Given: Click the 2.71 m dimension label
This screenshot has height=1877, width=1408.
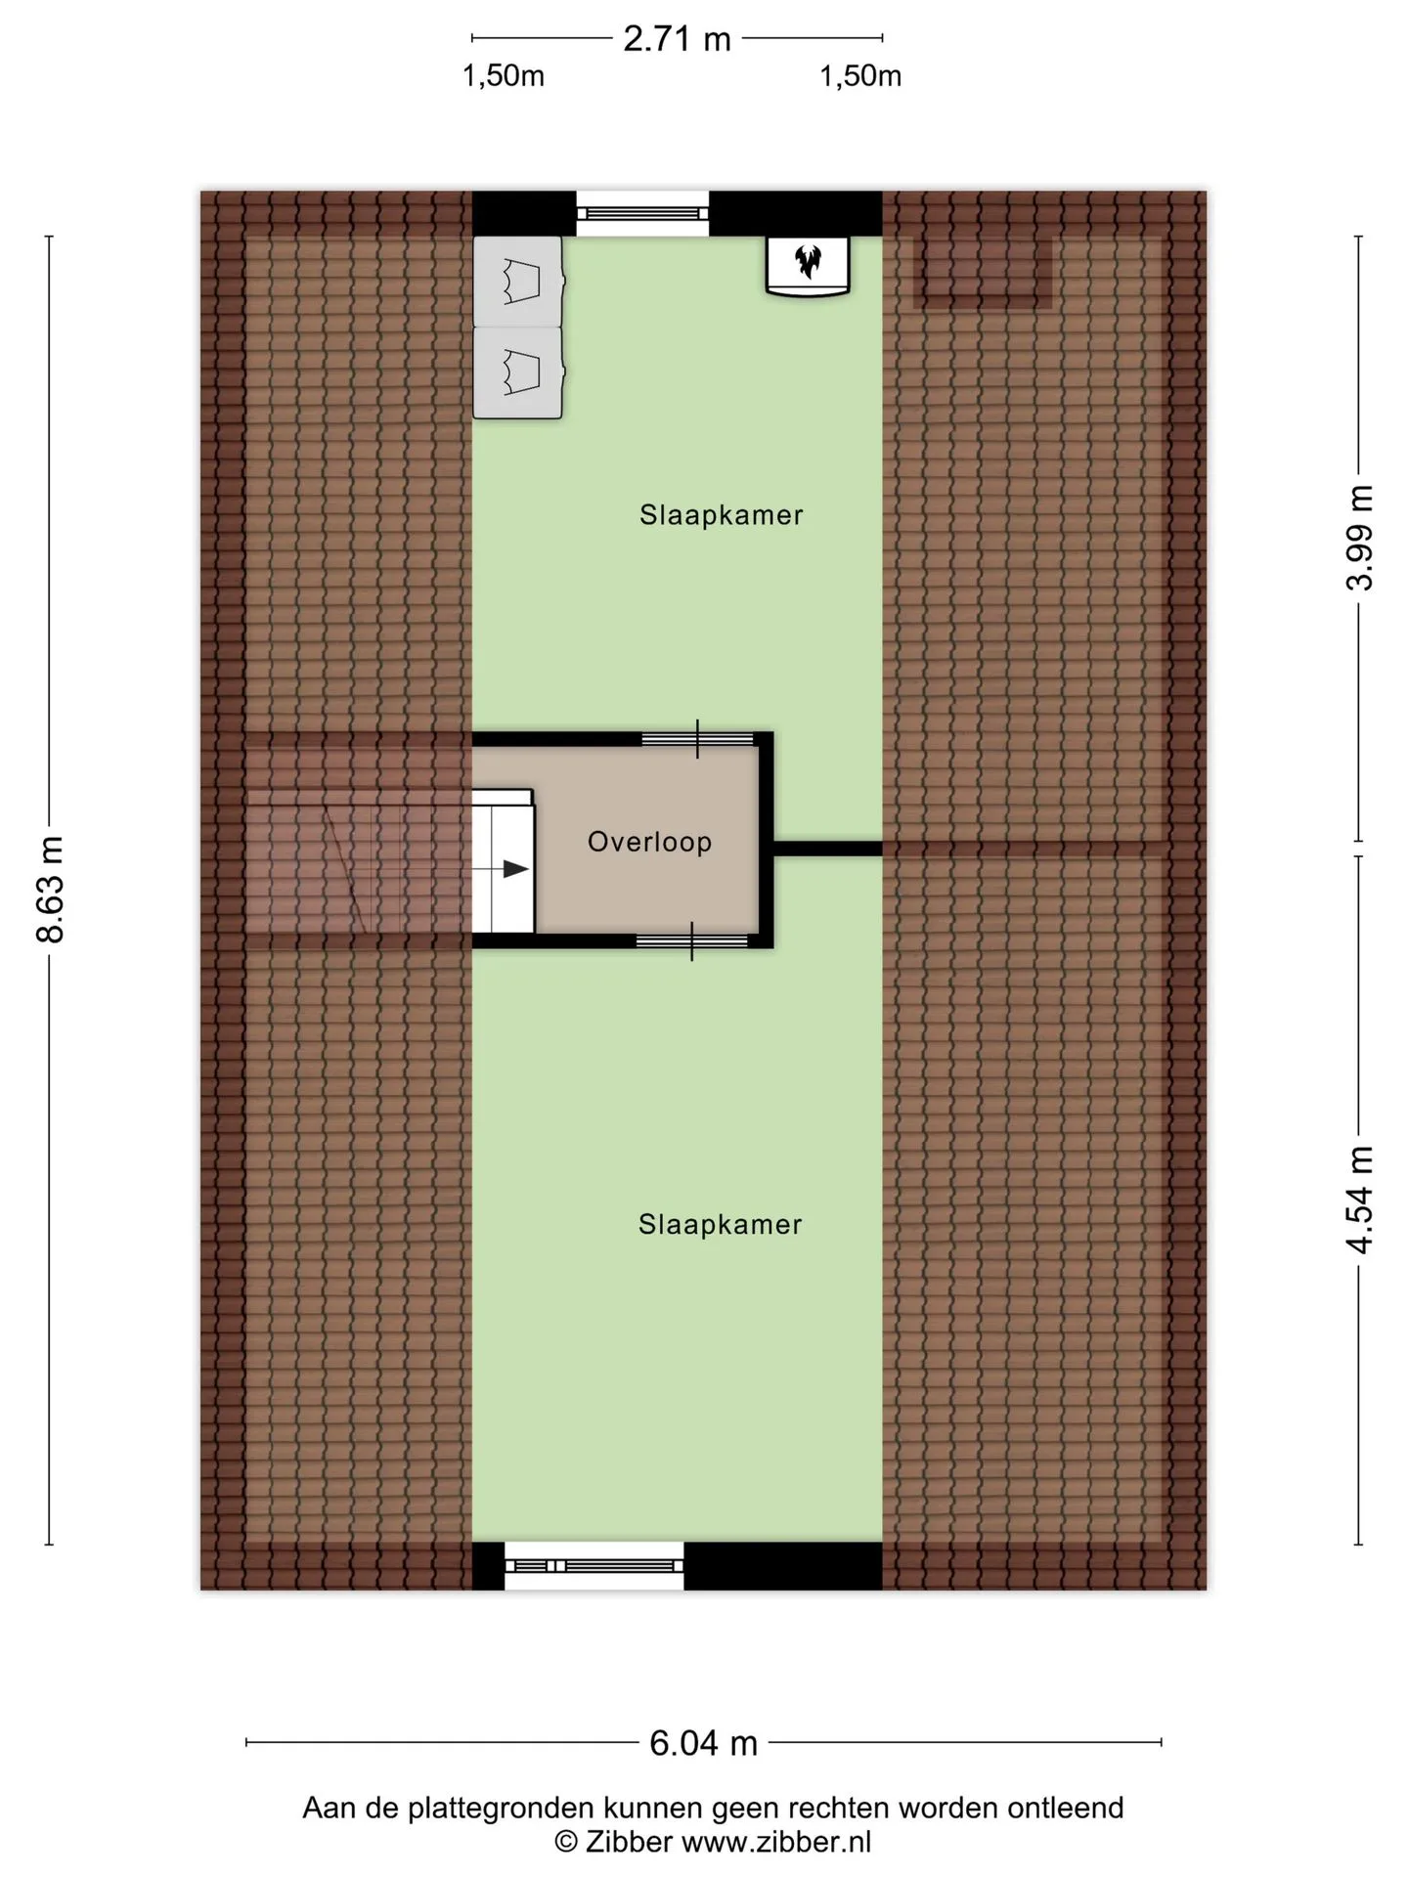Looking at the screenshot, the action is click(x=677, y=39).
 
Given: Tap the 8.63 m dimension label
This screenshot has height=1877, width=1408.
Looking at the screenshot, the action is click(x=50, y=890).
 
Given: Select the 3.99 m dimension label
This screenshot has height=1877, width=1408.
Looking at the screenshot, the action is click(x=1360, y=538).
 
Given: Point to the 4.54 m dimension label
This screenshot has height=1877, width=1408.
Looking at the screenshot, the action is click(x=1360, y=1200).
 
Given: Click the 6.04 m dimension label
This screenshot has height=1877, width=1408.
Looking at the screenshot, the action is click(x=704, y=1743).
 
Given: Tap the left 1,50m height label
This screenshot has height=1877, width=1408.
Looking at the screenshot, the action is click(x=504, y=76).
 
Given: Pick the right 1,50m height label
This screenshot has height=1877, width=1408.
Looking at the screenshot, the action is click(x=860, y=76).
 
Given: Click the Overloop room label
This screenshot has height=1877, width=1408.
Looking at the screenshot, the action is click(x=649, y=842).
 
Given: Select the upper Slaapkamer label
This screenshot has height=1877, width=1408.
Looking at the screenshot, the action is click(x=722, y=515).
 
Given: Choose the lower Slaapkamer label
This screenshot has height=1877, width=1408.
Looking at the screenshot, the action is click(x=721, y=1224).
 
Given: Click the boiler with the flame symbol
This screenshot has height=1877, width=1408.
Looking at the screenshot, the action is click(x=808, y=265).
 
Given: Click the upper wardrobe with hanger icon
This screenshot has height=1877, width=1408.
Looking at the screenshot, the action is click(x=518, y=282).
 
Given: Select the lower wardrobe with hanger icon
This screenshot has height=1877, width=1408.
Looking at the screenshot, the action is click(x=518, y=373).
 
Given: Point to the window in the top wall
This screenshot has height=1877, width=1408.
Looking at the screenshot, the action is click(x=642, y=213).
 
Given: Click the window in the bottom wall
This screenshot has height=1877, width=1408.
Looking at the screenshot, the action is click(x=594, y=1565).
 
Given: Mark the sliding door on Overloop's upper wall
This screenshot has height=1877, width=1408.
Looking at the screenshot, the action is click(x=698, y=739).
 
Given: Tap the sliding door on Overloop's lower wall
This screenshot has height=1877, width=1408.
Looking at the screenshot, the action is click(x=692, y=941).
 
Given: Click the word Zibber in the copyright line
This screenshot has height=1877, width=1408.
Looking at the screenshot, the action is click(x=629, y=1842).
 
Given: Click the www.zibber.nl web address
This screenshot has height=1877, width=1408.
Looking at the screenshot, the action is click(x=776, y=1842).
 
